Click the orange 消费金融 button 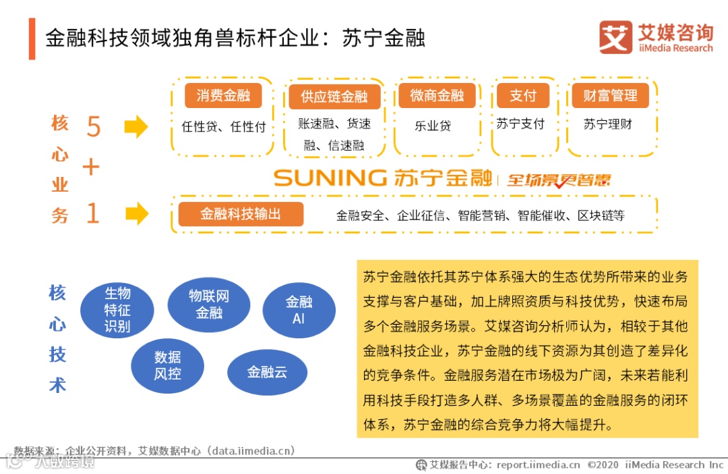click(x=222, y=96)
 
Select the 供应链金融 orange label click(x=334, y=97)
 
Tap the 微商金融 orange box click(x=437, y=96)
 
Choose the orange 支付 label click(x=522, y=96)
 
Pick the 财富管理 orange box click(x=610, y=96)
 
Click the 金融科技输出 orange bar click(x=241, y=214)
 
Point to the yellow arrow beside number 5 click(x=136, y=126)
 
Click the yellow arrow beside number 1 click(x=136, y=214)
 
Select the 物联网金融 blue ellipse click(x=209, y=305)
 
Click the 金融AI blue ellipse click(x=299, y=309)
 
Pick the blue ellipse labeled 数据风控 click(x=167, y=365)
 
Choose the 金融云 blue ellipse click(x=267, y=371)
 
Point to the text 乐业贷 click(x=433, y=126)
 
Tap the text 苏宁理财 click(x=608, y=124)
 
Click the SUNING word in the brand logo click(x=330, y=178)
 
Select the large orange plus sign click(x=91, y=167)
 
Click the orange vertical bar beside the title click(x=32, y=38)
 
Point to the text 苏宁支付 click(x=520, y=124)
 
